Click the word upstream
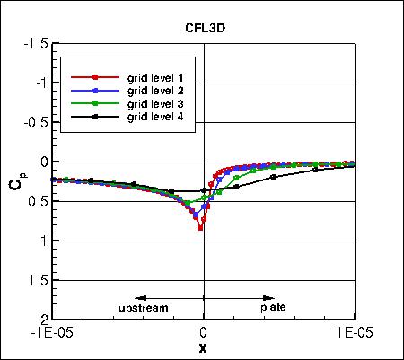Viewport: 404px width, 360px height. point(144,308)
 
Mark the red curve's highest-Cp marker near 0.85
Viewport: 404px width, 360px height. point(200,228)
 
